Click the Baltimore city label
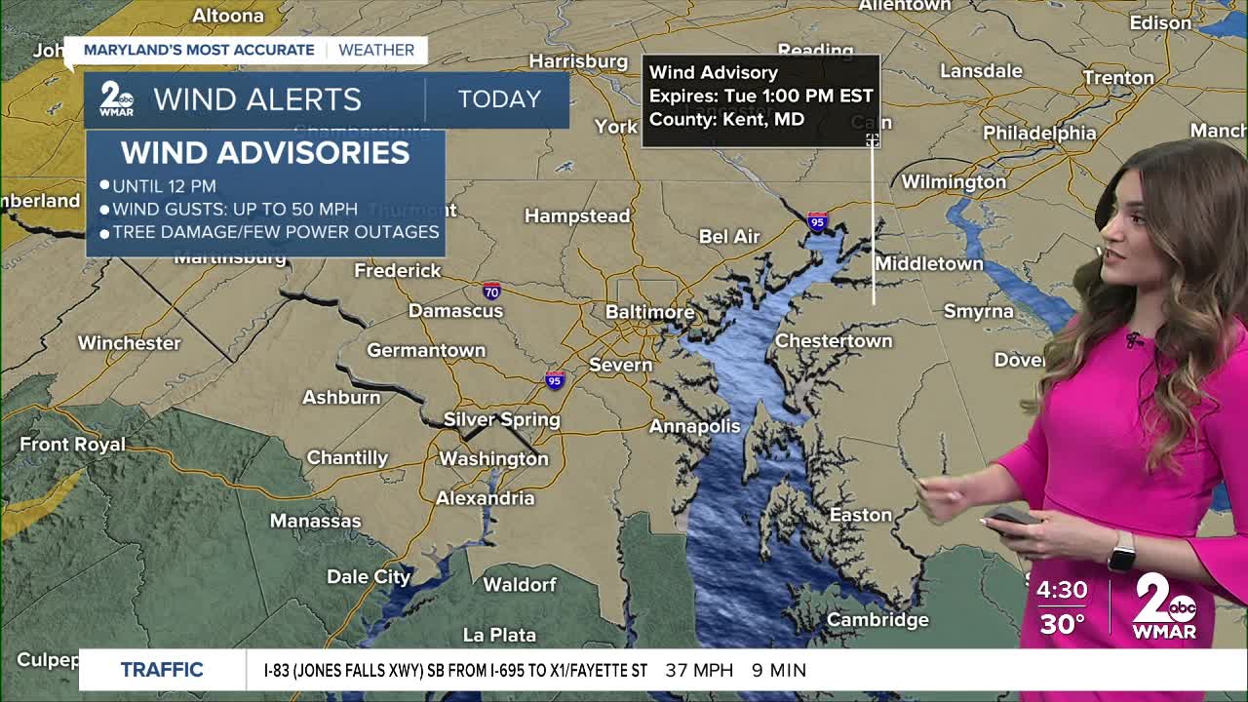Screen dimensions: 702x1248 [x=649, y=312]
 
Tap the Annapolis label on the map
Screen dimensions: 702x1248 [x=695, y=426]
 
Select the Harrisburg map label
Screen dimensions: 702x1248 [x=578, y=61]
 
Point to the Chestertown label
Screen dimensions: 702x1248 [x=833, y=340]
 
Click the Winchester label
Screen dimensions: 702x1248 [x=129, y=342]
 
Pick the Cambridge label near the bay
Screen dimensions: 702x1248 [x=877, y=619]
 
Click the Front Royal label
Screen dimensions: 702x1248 [x=73, y=444]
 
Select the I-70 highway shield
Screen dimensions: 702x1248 [x=491, y=291]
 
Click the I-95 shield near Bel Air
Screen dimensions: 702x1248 [x=817, y=221]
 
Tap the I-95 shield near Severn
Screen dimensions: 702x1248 [x=555, y=380]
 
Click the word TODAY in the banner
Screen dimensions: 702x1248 [x=499, y=99]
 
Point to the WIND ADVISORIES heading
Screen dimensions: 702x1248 [x=265, y=152]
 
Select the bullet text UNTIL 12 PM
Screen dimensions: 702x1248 [x=164, y=185]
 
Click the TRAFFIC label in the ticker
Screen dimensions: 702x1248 [x=162, y=670]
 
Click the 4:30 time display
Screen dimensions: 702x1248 [x=1062, y=589]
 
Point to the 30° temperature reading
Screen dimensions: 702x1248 [x=1062, y=624]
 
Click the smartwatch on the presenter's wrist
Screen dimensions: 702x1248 [x=1121, y=553]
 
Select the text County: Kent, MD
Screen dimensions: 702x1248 [x=726, y=120]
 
